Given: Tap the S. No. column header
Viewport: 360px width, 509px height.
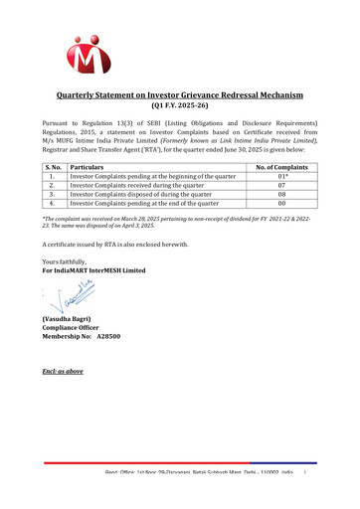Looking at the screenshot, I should [56, 168].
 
